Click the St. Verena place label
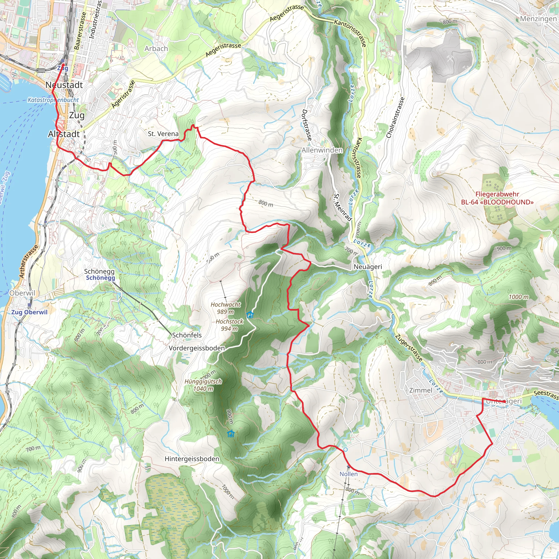pos(163,134)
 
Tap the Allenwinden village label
pos(322,150)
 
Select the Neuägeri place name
pos(368,266)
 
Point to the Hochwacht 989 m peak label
pos(225,308)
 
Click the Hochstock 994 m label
pos(230,325)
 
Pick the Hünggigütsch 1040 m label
pos(203,385)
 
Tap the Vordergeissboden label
pos(197,348)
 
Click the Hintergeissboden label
pos(192,459)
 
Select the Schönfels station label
pos(187,335)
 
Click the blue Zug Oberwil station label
pos(29,312)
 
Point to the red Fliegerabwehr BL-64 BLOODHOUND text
pos(497,198)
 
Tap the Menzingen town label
pos(538,19)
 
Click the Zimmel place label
pos(421,390)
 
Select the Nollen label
pos(348,474)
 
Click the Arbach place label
pos(156,49)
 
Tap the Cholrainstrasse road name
pos(395,117)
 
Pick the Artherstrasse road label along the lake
pos(29,261)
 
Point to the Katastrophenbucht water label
pos(53,100)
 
